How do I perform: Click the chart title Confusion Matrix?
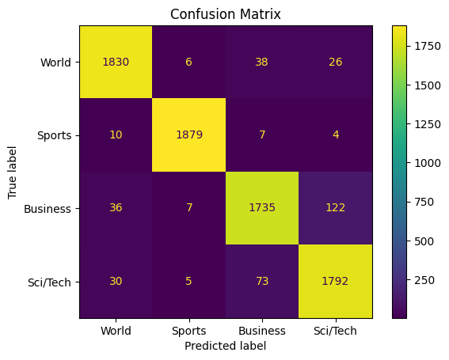[x=226, y=14]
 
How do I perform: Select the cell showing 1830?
[x=116, y=62]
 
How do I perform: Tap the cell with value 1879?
[x=189, y=135]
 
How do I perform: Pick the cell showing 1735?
[x=262, y=208]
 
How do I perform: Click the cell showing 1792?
[x=335, y=281]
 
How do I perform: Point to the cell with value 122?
[x=335, y=208]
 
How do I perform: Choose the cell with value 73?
[x=262, y=281]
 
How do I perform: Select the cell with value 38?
[x=262, y=62]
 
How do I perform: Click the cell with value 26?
[x=335, y=62]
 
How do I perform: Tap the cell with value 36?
[x=116, y=208]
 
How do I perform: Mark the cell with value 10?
[x=116, y=135]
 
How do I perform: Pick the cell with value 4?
[x=335, y=135]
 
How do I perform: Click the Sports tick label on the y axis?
[x=54, y=135]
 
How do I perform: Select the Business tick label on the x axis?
[x=262, y=331]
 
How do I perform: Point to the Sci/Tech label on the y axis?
[x=49, y=282]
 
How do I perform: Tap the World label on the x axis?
[x=116, y=331]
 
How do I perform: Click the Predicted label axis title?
[x=226, y=346]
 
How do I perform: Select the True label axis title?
[x=12, y=172]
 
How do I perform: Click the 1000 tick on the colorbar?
[x=428, y=163]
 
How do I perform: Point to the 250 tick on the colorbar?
[x=424, y=280]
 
